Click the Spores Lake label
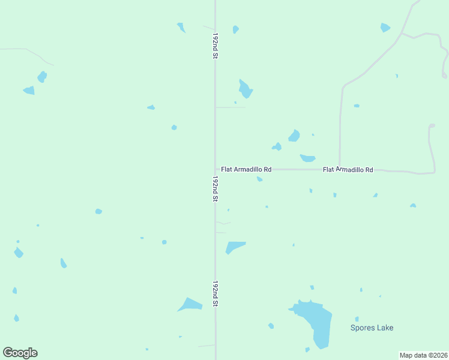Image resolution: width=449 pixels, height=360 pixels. point(372,328)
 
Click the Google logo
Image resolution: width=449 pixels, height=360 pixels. point(20,353)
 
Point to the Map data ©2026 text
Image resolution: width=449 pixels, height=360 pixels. point(424,355)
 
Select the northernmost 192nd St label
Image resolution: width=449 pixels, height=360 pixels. point(215,46)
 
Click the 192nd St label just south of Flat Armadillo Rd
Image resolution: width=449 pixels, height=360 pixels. point(215,188)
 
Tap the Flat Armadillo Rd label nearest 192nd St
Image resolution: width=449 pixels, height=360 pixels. point(246,170)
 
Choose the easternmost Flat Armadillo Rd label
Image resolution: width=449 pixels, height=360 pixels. point(348,170)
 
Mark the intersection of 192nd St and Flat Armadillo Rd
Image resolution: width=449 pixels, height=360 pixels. point(215,169)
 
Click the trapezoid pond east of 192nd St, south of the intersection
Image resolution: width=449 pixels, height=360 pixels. point(234,246)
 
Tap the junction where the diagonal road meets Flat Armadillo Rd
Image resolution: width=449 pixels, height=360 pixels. point(340,169)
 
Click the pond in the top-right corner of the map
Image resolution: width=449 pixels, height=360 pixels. point(385,28)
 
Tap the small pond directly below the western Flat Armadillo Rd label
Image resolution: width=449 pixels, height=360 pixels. point(259,179)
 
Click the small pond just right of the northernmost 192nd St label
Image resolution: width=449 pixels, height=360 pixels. point(235,29)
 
